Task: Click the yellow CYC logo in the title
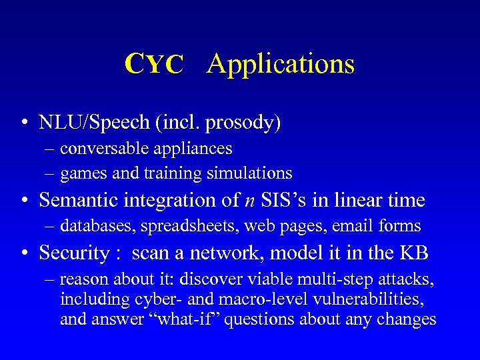coord(154,64)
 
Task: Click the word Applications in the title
coord(281,65)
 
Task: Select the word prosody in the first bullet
coord(243,123)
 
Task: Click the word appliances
coord(197,148)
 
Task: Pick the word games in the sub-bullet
coord(79,173)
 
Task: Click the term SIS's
coord(275,200)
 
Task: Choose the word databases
coord(98,226)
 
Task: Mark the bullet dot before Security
coord(25,254)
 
